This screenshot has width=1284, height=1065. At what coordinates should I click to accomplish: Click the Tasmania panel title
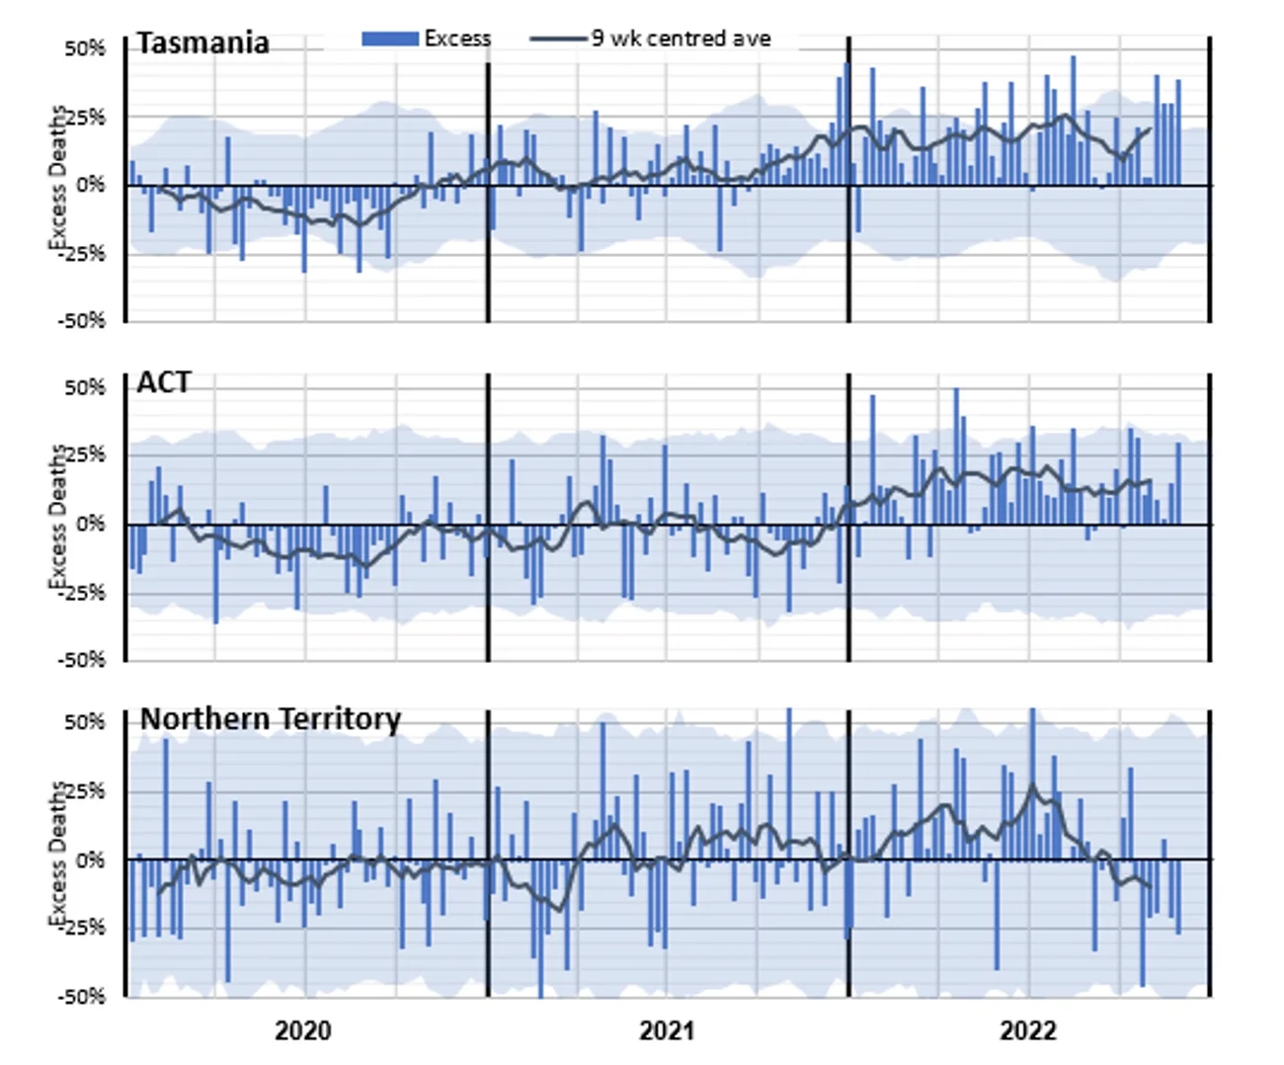(x=202, y=43)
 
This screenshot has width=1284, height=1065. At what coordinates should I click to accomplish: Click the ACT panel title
(x=164, y=383)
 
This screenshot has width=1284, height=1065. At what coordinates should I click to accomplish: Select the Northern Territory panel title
(x=270, y=719)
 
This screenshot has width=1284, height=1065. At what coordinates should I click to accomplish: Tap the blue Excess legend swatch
(x=391, y=40)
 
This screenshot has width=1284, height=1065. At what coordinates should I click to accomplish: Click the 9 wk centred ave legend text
(x=681, y=39)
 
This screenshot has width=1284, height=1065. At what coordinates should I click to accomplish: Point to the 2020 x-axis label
(x=302, y=1031)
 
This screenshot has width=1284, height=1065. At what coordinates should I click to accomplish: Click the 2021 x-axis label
(x=667, y=1031)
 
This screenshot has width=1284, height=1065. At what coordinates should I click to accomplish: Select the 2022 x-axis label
(x=1027, y=1031)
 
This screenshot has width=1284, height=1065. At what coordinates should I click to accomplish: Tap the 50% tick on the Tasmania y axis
(x=85, y=49)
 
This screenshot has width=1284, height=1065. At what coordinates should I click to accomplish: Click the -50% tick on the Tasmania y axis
(x=82, y=321)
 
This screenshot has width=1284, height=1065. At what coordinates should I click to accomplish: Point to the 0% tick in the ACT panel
(x=90, y=525)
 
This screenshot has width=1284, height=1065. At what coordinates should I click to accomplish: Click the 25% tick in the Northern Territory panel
(x=85, y=791)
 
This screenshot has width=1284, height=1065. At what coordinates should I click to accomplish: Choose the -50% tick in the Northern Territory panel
(x=82, y=997)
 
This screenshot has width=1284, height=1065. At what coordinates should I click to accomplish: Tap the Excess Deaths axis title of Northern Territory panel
(x=58, y=854)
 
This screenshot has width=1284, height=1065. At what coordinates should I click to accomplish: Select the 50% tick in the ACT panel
(x=85, y=388)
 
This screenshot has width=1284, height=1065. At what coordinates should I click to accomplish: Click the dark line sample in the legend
(x=558, y=40)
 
